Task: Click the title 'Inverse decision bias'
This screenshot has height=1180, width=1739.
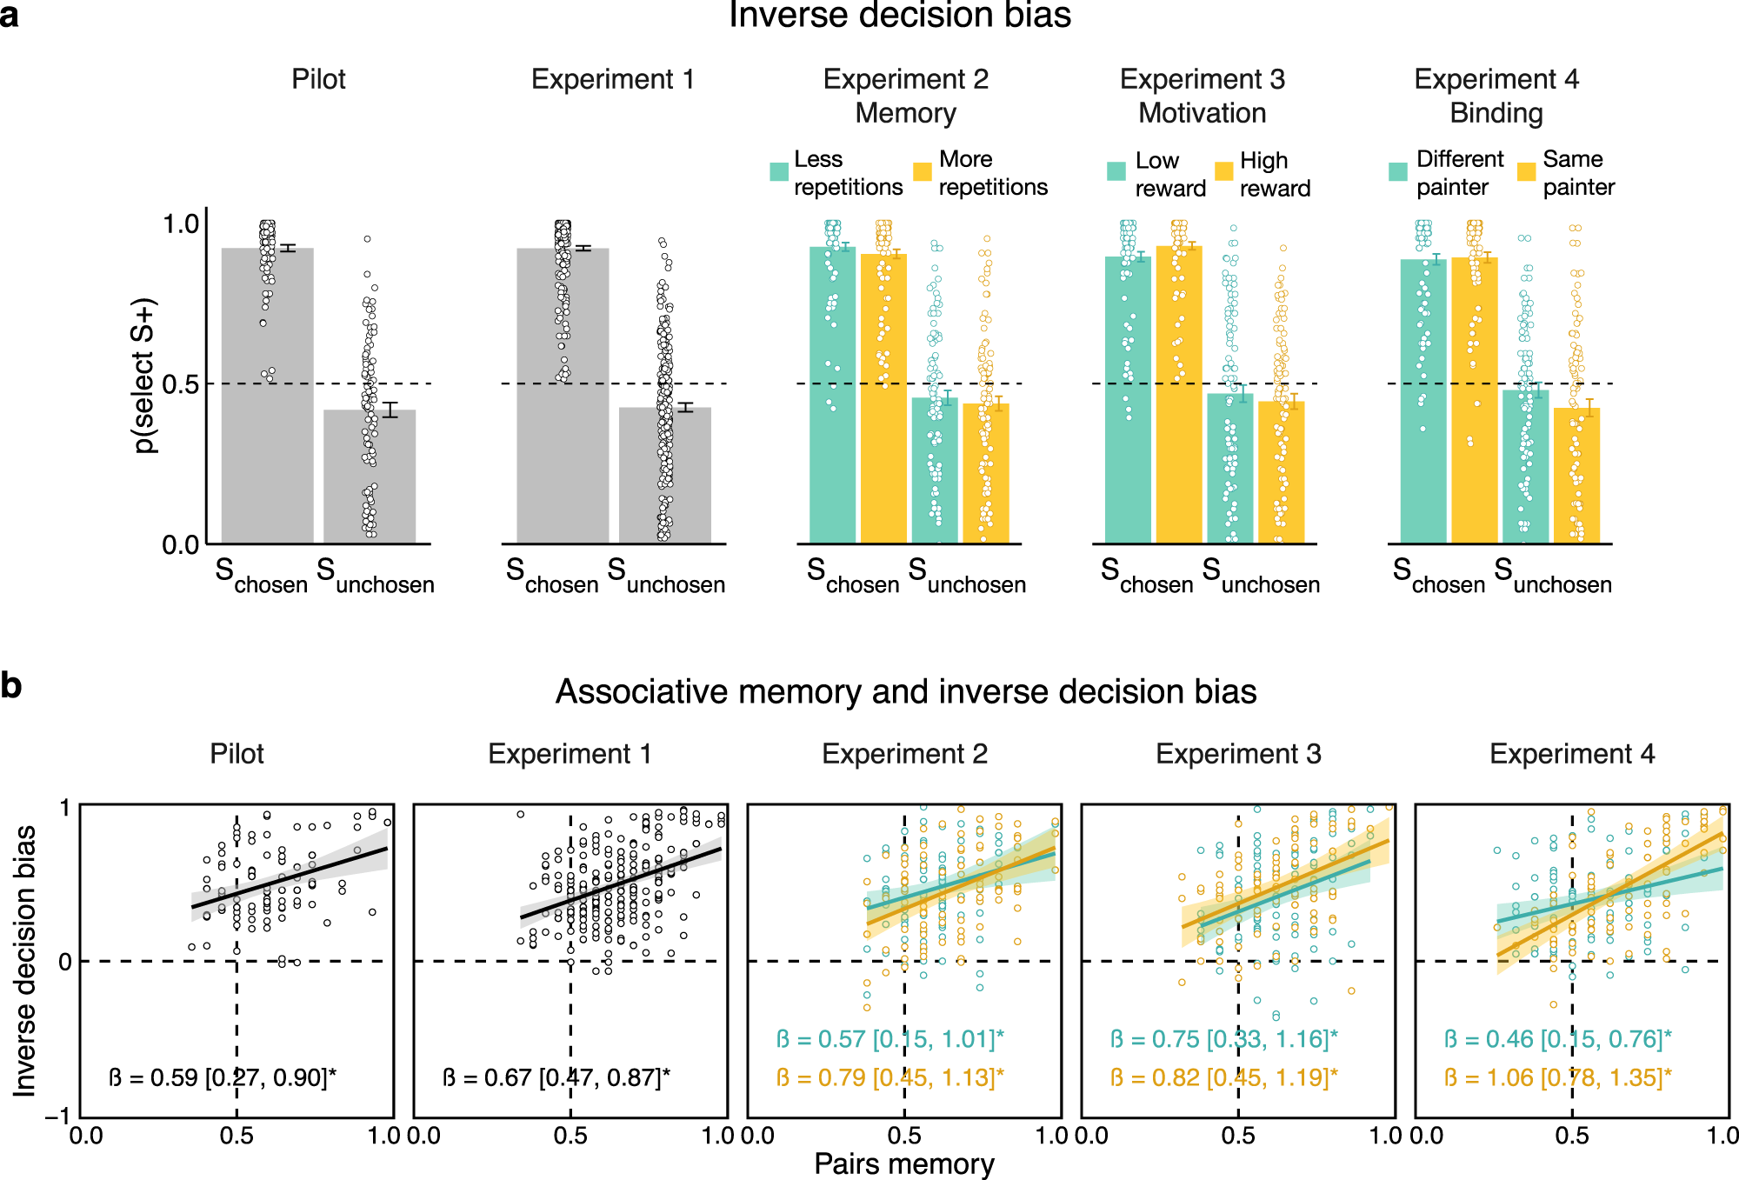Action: (x=899, y=16)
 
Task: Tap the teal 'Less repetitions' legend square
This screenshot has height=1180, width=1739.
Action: (x=779, y=171)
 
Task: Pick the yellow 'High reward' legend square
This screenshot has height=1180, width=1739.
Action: (x=1223, y=171)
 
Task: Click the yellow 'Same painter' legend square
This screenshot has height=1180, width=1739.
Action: (x=1526, y=171)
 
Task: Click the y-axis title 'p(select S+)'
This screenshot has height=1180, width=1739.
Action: (x=144, y=376)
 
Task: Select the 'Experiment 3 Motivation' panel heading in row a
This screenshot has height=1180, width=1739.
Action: (x=1203, y=96)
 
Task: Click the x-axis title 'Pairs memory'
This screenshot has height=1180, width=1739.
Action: (x=903, y=1163)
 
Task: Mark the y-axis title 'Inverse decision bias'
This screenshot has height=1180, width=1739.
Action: (x=26, y=960)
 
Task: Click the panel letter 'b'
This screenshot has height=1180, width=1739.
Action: (x=11, y=686)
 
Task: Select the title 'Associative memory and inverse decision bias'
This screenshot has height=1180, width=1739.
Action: (x=905, y=692)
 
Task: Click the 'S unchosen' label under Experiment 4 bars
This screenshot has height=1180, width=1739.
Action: (x=1553, y=577)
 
